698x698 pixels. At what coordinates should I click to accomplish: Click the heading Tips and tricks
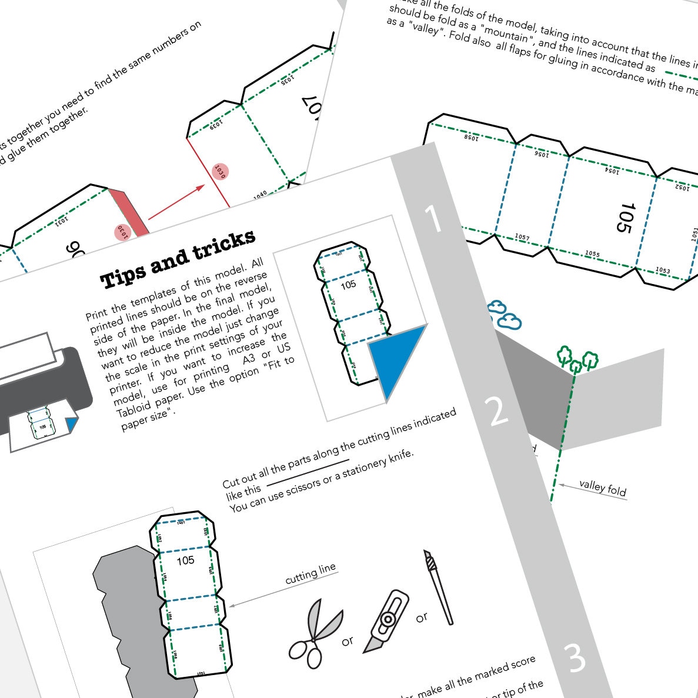tap(178, 259)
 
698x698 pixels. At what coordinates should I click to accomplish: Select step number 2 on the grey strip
tap(497, 412)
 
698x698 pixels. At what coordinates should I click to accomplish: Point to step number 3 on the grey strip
tap(575, 658)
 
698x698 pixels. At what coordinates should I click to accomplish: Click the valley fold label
tap(603, 487)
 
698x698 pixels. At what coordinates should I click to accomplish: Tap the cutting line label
tap(310, 573)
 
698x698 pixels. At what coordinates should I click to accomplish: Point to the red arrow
tap(176, 202)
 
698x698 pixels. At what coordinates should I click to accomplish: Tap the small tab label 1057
tap(522, 237)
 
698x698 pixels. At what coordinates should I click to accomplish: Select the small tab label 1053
tap(663, 270)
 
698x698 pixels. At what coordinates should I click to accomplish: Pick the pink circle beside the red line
tap(220, 171)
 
